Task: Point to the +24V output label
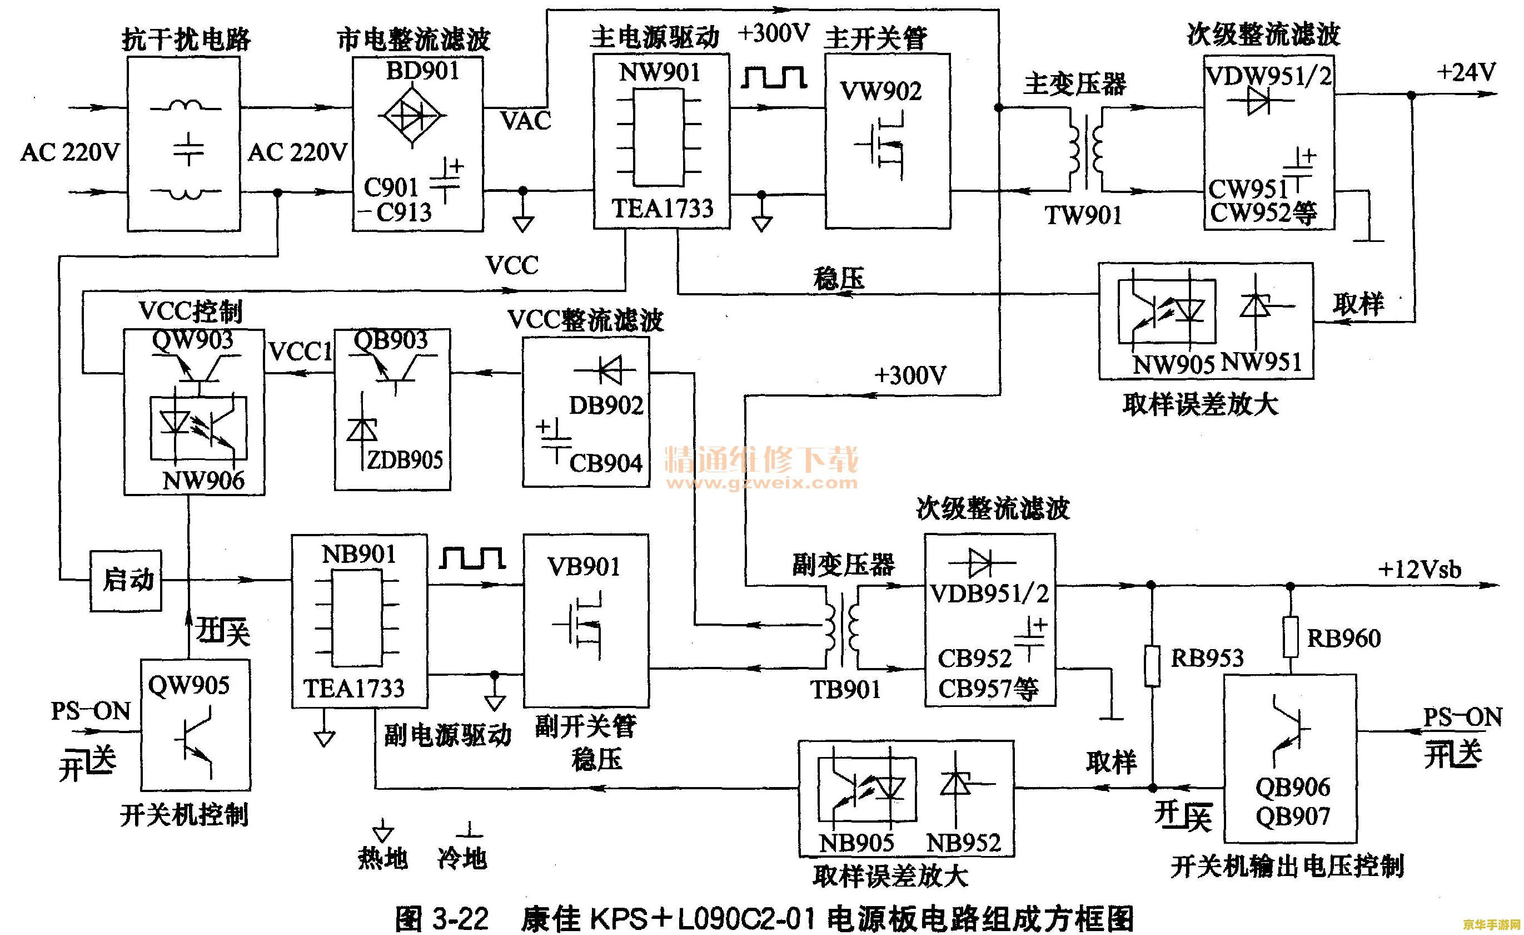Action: tap(1465, 73)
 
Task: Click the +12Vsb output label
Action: tap(1419, 570)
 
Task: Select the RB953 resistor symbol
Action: tap(1152, 666)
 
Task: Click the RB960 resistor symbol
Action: tap(1290, 637)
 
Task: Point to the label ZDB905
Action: tap(405, 460)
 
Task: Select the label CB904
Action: tap(605, 463)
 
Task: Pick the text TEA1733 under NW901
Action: tap(663, 209)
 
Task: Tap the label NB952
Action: tap(963, 842)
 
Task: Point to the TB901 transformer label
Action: tap(845, 689)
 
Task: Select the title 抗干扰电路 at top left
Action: tap(186, 39)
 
